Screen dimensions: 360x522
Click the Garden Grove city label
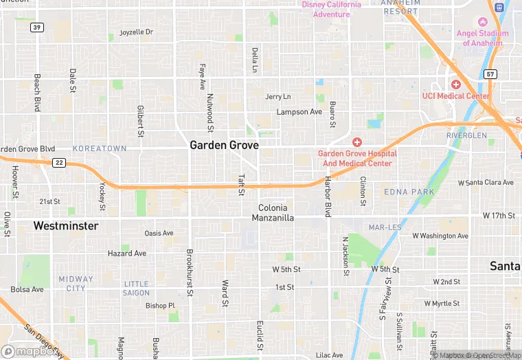224,146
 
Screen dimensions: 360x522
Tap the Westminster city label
65,225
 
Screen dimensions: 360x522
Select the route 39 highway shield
37,27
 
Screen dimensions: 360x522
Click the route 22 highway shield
60,162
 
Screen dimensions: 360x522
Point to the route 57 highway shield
490,74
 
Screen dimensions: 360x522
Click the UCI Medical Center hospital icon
456,84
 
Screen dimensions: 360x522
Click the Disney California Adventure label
332,9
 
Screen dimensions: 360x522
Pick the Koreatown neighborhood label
100,148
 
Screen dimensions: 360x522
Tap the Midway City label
76,283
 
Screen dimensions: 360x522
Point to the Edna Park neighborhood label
409,192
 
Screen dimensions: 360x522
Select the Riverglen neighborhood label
466,135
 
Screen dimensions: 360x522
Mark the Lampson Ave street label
299,112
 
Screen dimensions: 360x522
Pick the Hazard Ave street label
127,254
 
